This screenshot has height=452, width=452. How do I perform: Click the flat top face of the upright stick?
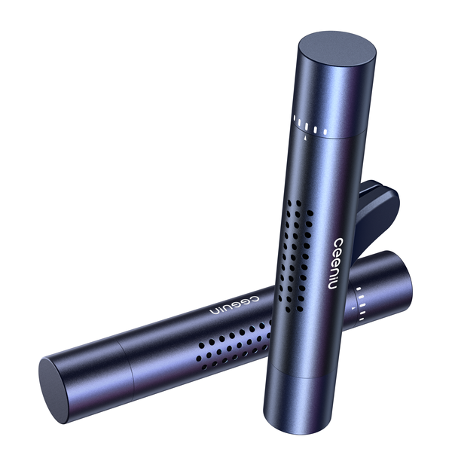tap(337, 53)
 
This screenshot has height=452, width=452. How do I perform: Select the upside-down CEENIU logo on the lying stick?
tap(234, 304)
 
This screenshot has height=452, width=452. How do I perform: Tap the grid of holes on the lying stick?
tap(234, 344)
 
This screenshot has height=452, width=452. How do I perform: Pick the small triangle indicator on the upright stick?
tap(304, 138)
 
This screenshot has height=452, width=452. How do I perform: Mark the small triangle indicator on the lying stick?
tap(353, 308)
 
